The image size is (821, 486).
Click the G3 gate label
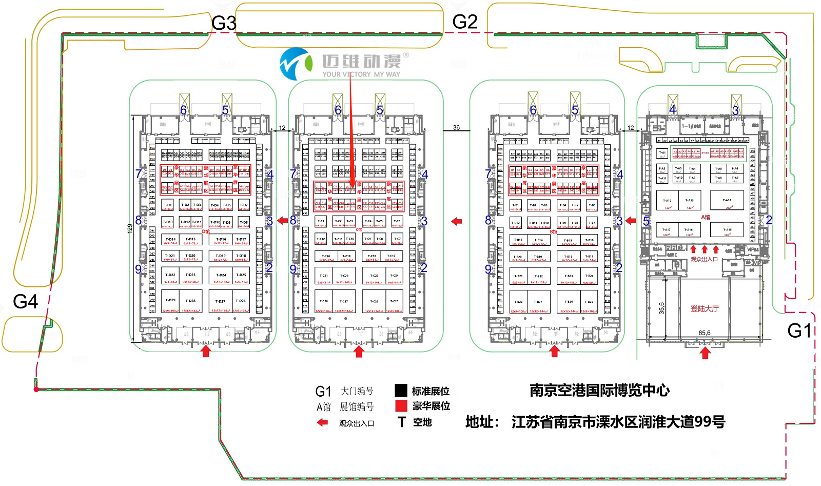coord(224,24)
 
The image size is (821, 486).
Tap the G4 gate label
coord(25,302)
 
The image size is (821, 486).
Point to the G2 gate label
coord(465,22)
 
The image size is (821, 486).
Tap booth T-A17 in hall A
coord(666,230)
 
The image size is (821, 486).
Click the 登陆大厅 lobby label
coord(704,309)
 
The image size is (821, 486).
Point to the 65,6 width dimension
coord(705,333)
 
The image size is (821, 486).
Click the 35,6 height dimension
coord(661,308)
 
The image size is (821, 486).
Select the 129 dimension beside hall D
coord(130,228)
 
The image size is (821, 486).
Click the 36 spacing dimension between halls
coord(456,128)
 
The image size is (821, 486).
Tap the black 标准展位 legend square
coord(401,391)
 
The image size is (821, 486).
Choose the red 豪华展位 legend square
coord(401,406)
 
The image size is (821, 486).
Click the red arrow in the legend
coord(322,422)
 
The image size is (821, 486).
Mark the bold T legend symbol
coord(401,422)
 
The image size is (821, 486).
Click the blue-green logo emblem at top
coord(296,64)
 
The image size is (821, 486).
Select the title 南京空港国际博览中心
coord(599,391)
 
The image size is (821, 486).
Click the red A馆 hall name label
coord(706,217)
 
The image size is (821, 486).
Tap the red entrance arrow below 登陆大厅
coord(705,353)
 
